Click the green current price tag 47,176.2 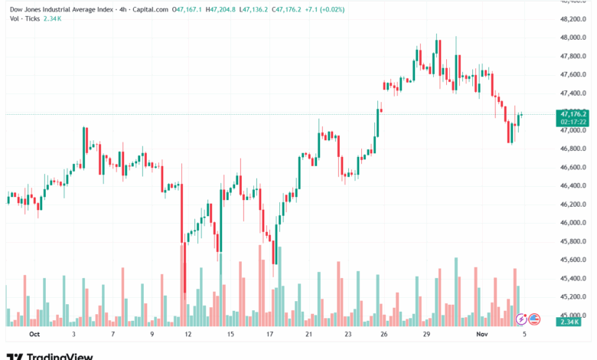[572, 114]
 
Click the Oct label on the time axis [34, 335]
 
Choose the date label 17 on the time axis [269, 335]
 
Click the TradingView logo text [60, 355]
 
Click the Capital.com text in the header [150, 9]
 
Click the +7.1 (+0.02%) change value [324, 9]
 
